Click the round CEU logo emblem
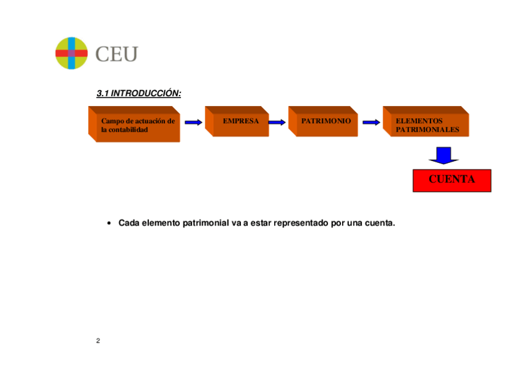pos(72,53)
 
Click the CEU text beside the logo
pos(117,54)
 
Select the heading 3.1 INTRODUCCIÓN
pos(139,94)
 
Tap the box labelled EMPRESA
pos(240,121)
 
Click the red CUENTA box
pos(452,180)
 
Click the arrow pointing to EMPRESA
pos(193,122)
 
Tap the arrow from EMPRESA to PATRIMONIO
pos(277,122)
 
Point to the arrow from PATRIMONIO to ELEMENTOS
pos(371,122)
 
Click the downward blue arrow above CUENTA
pos(443,156)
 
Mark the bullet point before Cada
pos(108,224)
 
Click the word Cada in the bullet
pos(129,223)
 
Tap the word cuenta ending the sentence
pos(380,223)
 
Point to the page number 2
pos(98,341)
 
